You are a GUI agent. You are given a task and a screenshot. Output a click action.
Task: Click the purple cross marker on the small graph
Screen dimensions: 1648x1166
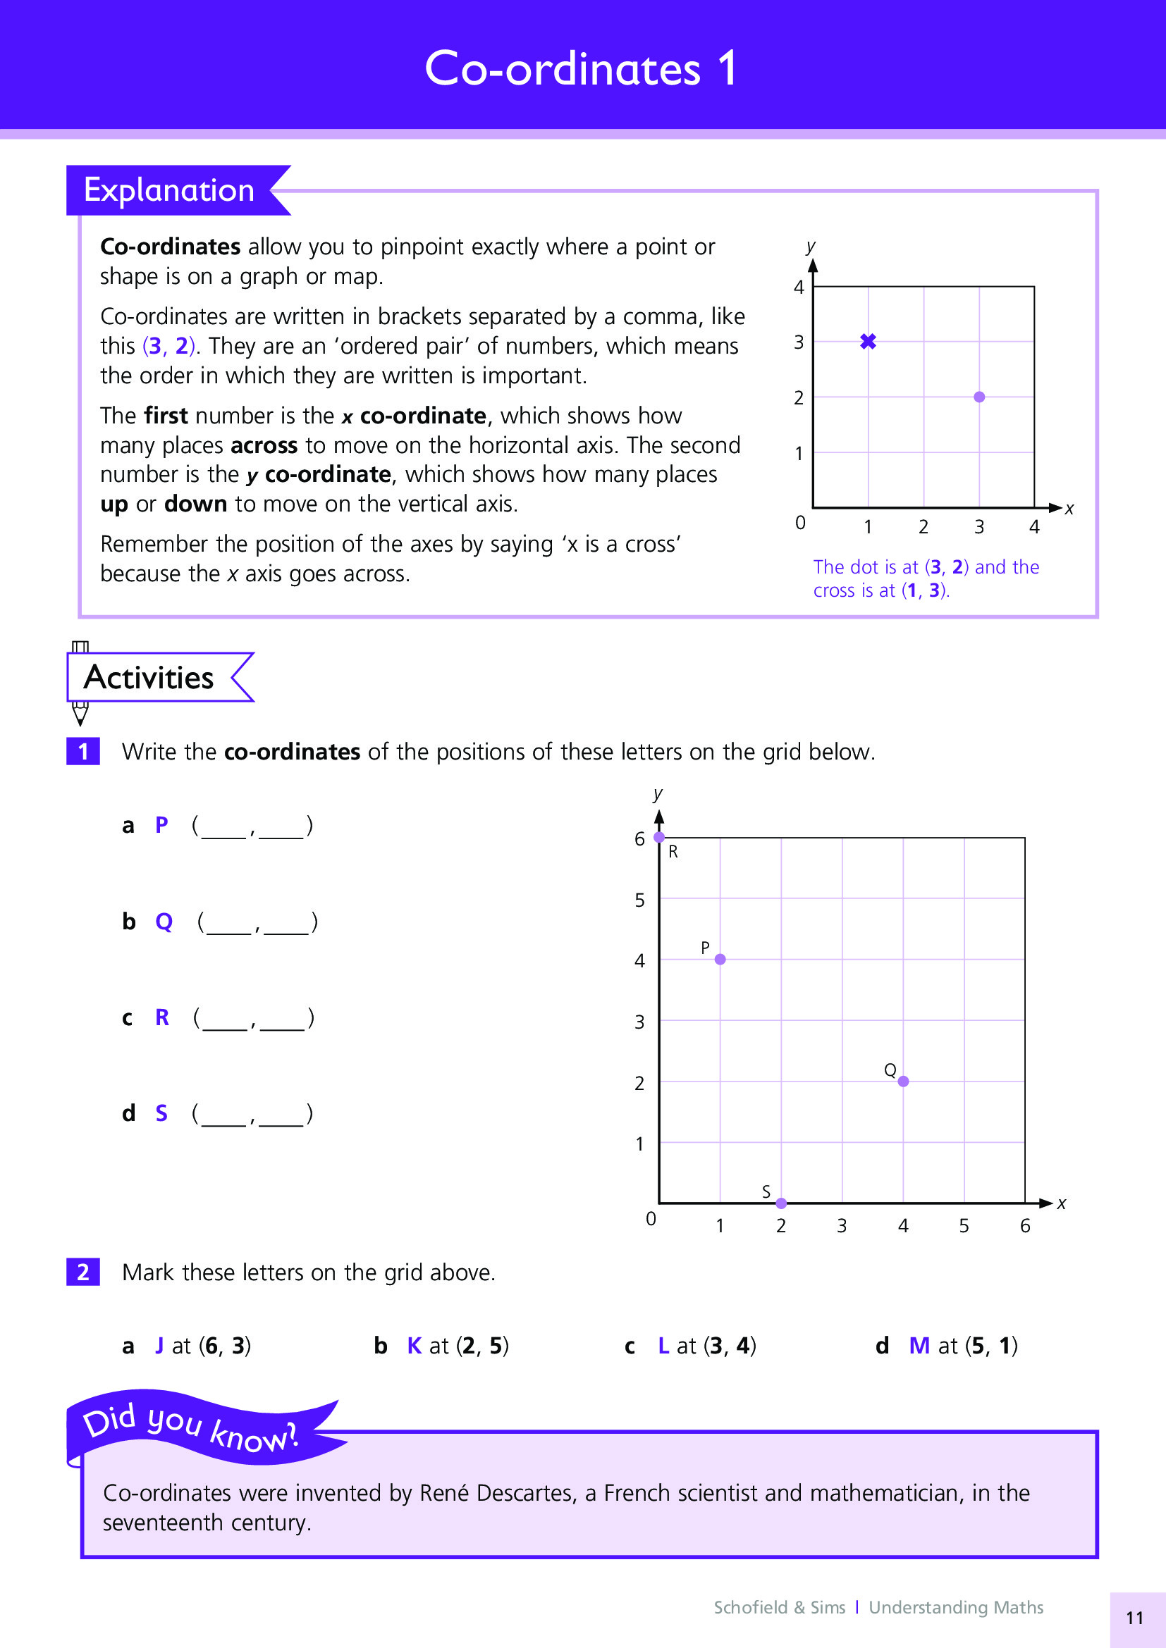868,342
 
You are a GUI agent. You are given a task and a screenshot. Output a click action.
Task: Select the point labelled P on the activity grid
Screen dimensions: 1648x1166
720,959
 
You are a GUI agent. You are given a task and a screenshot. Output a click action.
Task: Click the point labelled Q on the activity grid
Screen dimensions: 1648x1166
903,1081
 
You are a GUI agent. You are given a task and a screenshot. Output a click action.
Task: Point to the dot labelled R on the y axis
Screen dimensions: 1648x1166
659,837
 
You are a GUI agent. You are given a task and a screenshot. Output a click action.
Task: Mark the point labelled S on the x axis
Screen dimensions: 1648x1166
781,1203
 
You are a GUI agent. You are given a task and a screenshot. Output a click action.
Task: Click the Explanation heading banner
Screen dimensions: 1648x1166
169,190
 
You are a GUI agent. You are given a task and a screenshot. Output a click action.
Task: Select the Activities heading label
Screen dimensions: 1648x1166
149,677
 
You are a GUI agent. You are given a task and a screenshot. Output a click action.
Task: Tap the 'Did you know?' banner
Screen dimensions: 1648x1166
190,1429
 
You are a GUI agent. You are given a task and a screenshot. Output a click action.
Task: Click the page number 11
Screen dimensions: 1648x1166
1134,1617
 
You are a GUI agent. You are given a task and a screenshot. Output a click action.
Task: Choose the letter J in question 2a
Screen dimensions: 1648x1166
159,1345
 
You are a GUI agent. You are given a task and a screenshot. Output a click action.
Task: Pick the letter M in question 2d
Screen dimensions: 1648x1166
919,1345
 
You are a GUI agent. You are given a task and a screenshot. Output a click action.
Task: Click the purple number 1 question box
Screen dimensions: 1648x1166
83,752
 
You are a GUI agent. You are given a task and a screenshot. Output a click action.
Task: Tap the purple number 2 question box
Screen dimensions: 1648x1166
83,1272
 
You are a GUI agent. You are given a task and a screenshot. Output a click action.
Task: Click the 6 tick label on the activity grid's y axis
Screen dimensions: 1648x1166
639,838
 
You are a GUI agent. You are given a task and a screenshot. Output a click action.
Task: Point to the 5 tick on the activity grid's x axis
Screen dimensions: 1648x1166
964,1225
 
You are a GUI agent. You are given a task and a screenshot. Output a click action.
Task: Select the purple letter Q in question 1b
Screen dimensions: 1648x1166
164,921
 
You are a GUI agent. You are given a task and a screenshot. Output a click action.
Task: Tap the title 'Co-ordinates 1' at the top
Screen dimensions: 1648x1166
581,69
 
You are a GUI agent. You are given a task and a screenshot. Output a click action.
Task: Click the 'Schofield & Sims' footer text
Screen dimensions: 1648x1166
779,1607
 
